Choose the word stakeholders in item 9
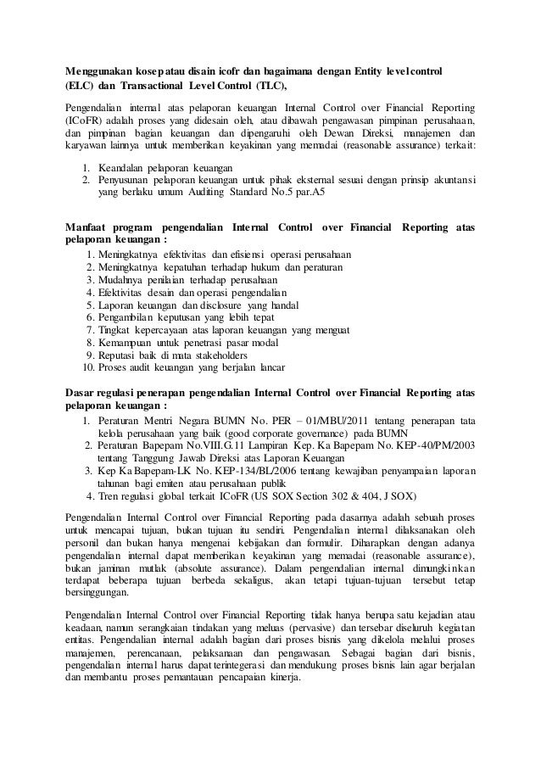[219, 355]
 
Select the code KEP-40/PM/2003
[432, 445]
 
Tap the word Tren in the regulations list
[109, 496]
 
